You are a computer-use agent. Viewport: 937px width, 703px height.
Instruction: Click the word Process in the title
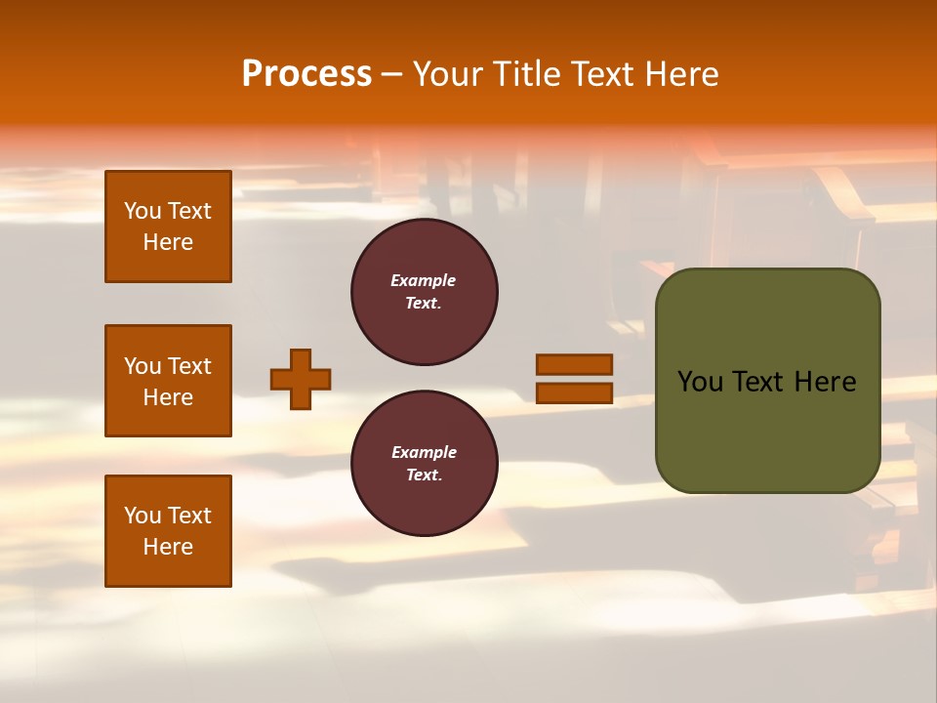[306, 73]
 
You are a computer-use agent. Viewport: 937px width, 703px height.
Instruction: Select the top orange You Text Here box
[168, 227]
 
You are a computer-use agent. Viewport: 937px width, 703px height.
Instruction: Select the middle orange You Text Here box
[168, 381]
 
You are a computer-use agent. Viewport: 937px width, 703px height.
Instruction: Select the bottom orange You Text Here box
[168, 530]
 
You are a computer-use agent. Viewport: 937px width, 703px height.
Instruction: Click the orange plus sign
[301, 379]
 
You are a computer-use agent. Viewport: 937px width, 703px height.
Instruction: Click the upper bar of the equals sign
[574, 364]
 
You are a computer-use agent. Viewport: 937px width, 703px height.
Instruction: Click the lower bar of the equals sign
[574, 393]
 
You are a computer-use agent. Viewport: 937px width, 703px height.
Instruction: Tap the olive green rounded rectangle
[767, 430]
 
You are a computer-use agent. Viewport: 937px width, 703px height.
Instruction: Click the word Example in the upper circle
[424, 280]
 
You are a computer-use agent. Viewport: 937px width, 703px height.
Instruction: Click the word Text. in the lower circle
[424, 475]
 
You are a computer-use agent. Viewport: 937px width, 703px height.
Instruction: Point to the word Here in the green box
[825, 382]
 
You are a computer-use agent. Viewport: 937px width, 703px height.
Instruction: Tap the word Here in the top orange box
[168, 242]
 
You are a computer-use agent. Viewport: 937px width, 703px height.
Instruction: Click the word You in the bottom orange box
[143, 516]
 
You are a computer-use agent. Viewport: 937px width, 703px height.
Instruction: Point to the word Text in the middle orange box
[189, 366]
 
